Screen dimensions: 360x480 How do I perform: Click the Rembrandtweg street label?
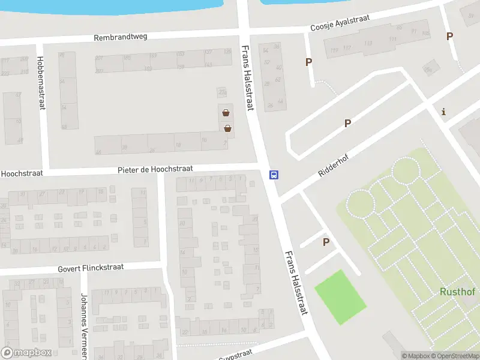(120, 37)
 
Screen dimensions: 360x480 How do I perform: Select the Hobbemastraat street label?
(40, 83)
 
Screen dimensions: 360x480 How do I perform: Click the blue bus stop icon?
(274, 175)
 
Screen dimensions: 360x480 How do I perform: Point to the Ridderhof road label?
(333, 165)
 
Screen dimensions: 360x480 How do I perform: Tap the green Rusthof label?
(458, 292)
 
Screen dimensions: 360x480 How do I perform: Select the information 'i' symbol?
(443, 111)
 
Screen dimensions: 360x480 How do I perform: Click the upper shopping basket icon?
(226, 112)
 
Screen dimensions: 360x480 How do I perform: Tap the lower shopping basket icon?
(228, 128)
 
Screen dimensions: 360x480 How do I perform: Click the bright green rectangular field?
(340, 297)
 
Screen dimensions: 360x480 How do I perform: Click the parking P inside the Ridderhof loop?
(347, 124)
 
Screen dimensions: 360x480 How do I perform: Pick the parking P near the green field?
(326, 242)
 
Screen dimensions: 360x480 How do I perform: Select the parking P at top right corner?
(449, 36)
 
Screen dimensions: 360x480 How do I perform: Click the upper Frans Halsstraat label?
(247, 78)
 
